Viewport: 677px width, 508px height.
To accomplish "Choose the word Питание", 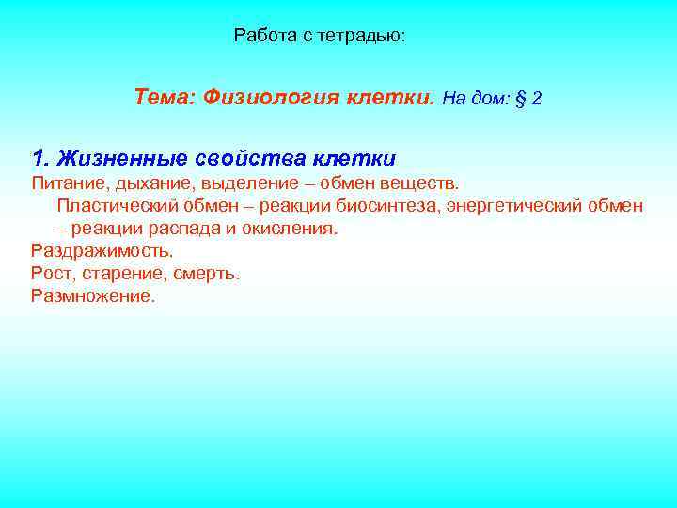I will click(64, 182).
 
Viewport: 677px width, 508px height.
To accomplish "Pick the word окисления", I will click(291, 229).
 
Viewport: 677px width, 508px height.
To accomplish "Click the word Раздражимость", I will click(102, 251).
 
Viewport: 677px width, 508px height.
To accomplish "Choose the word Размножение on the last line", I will click(92, 296).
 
